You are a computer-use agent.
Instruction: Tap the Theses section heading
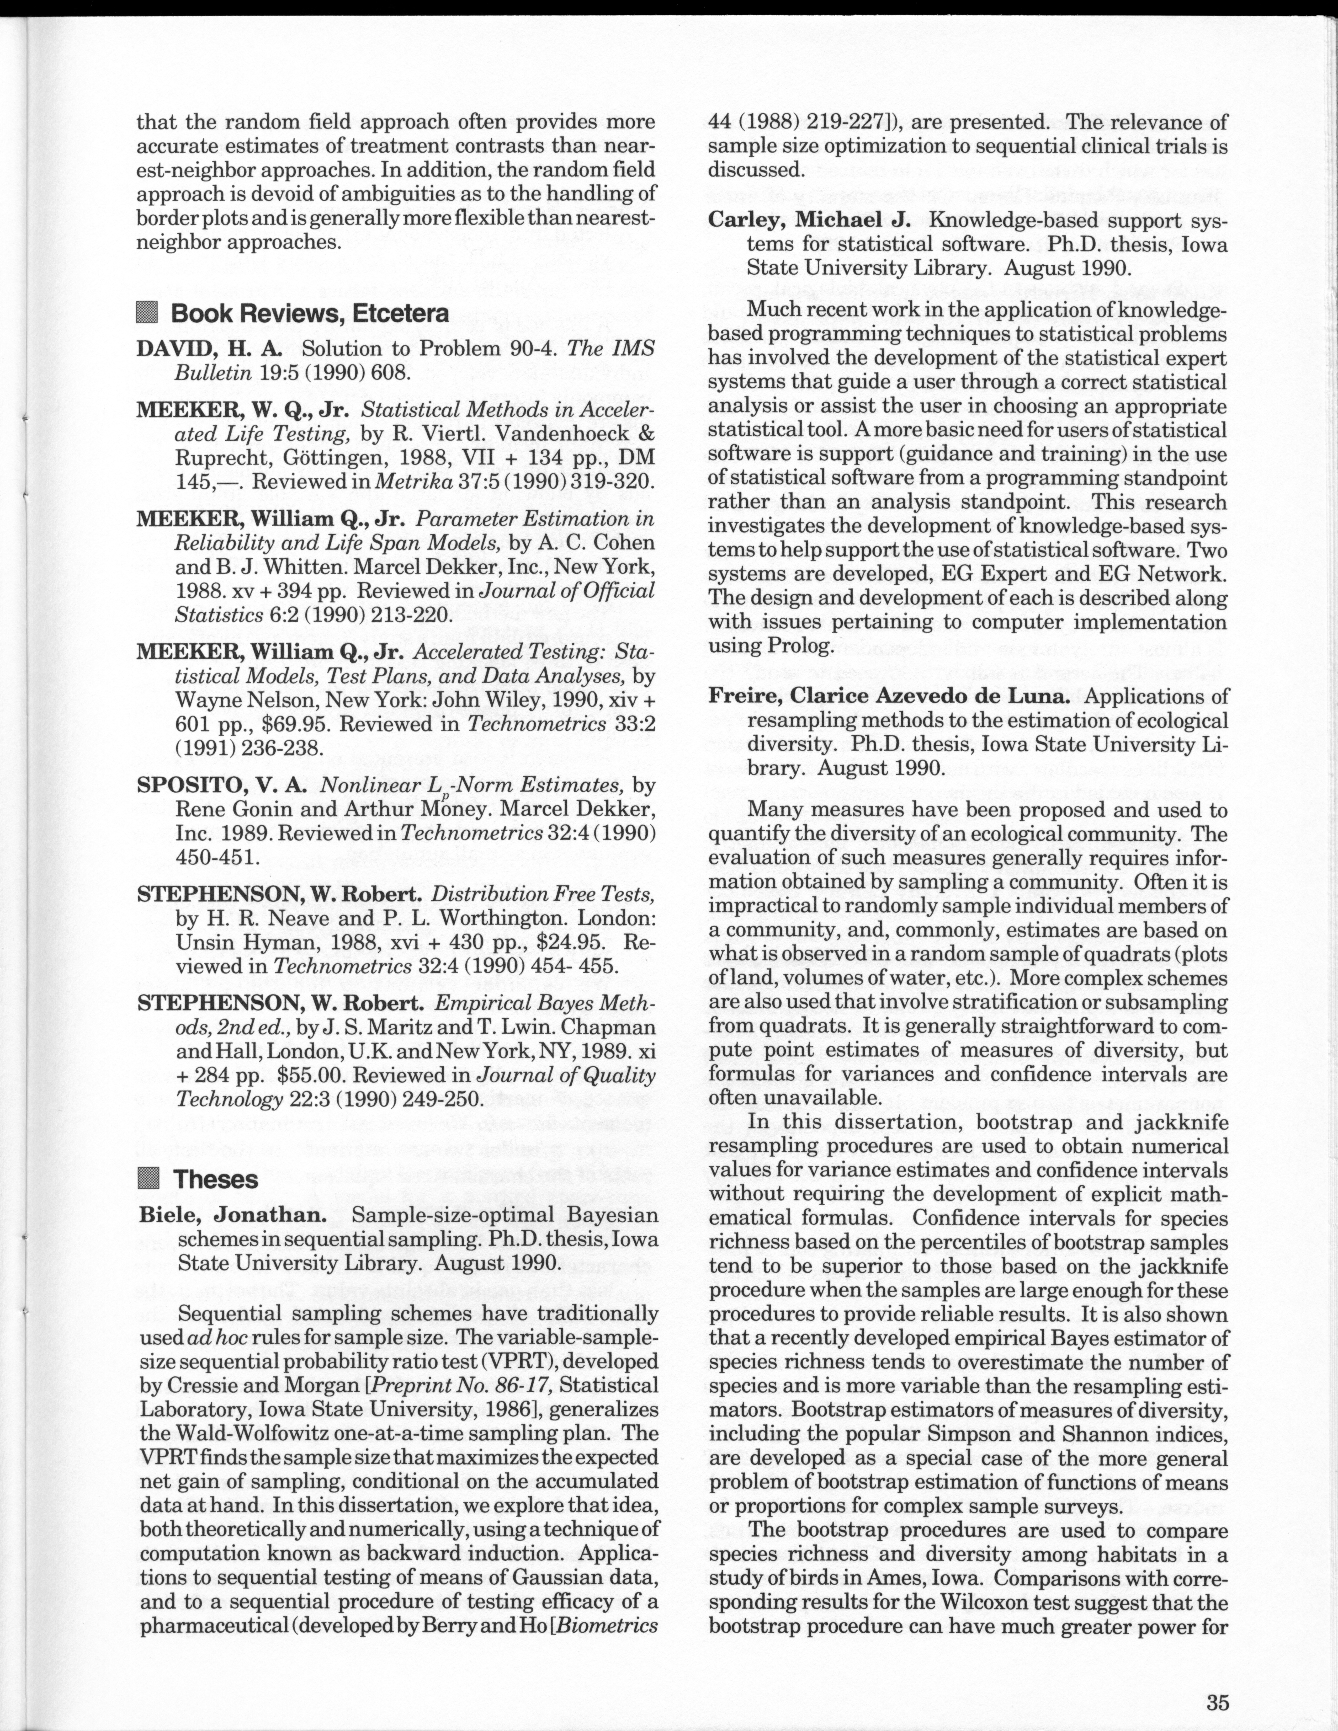click(x=216, y=1179)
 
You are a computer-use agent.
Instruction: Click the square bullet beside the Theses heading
click(x=148, y=1179)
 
